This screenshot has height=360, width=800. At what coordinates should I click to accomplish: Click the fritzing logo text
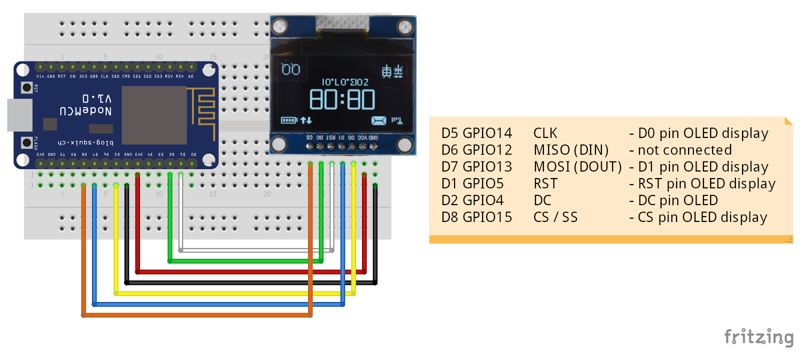[x=758, y=337]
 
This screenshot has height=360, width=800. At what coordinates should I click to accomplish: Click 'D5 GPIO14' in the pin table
[x=476, y=133]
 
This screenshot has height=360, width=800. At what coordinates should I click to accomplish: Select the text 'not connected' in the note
[x=684, y=150]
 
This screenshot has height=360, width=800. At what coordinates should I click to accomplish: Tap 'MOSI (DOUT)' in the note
[x=577, y=166]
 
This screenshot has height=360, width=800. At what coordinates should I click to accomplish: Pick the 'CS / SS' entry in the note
[x=555, y=217]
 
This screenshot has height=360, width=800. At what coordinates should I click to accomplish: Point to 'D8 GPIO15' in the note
[x=476, y=217]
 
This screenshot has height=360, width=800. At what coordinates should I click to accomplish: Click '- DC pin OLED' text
[x=673, y=200]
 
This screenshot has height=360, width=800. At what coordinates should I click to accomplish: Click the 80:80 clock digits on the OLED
[x=342, y=99]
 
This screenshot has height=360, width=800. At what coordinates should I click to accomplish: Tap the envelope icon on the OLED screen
[x=378, y=120]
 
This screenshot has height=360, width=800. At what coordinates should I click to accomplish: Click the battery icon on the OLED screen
[x=289, y=120]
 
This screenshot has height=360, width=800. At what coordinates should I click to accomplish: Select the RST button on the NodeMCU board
[x=26, y=87]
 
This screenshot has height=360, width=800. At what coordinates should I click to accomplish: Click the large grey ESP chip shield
[x=154, y=115]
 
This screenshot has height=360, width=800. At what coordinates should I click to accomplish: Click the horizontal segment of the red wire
[x=250, y=272]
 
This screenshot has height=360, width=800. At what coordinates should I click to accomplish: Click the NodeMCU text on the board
[x=85, y=110]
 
